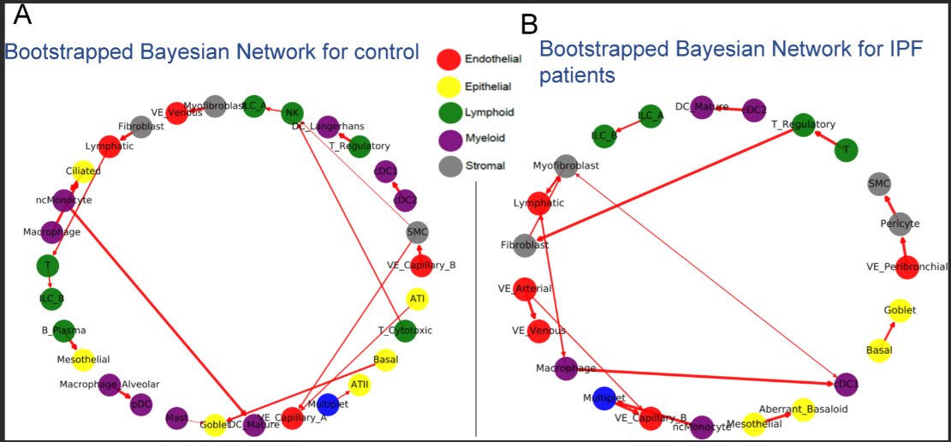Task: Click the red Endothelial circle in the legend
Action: click(x=449, y=59)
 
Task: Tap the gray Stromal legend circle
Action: click(x=449, y=164)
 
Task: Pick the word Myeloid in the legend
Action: click(x=485, y=138)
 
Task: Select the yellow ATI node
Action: click(x=418, y=299)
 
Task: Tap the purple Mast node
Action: click(x=177, y=417)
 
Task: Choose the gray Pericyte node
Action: click(x=898, y=224)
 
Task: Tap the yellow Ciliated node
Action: click(x=83, y=171)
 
